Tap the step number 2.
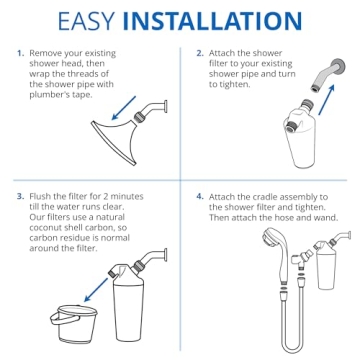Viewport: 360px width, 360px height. pos(199,52)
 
